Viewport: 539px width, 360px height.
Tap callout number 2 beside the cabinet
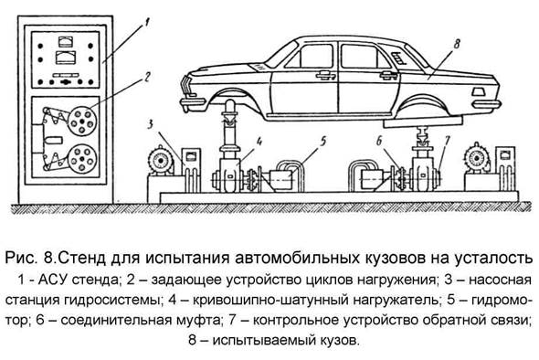(x=147, y=77)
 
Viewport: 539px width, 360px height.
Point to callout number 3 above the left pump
(x=151, y=123)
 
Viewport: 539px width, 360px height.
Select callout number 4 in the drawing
(x=259, y=141)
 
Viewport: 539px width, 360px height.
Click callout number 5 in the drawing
(x=322, y=142)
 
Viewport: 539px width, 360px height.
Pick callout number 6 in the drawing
(x=379, y=141)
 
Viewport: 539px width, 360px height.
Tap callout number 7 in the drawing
(x=448, y=141)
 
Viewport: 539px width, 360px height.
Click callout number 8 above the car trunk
(x=457, y=44)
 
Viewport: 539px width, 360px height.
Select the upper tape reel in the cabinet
(x=82, y=121)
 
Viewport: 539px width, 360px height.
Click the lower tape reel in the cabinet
(x=82, y=159)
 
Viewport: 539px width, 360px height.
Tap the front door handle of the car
(x=325, y=74)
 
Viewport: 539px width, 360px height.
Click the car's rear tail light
(x=478, y=92)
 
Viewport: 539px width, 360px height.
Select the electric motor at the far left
(x=160, y=161)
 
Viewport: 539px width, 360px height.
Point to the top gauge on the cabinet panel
(x=65, y=42)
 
